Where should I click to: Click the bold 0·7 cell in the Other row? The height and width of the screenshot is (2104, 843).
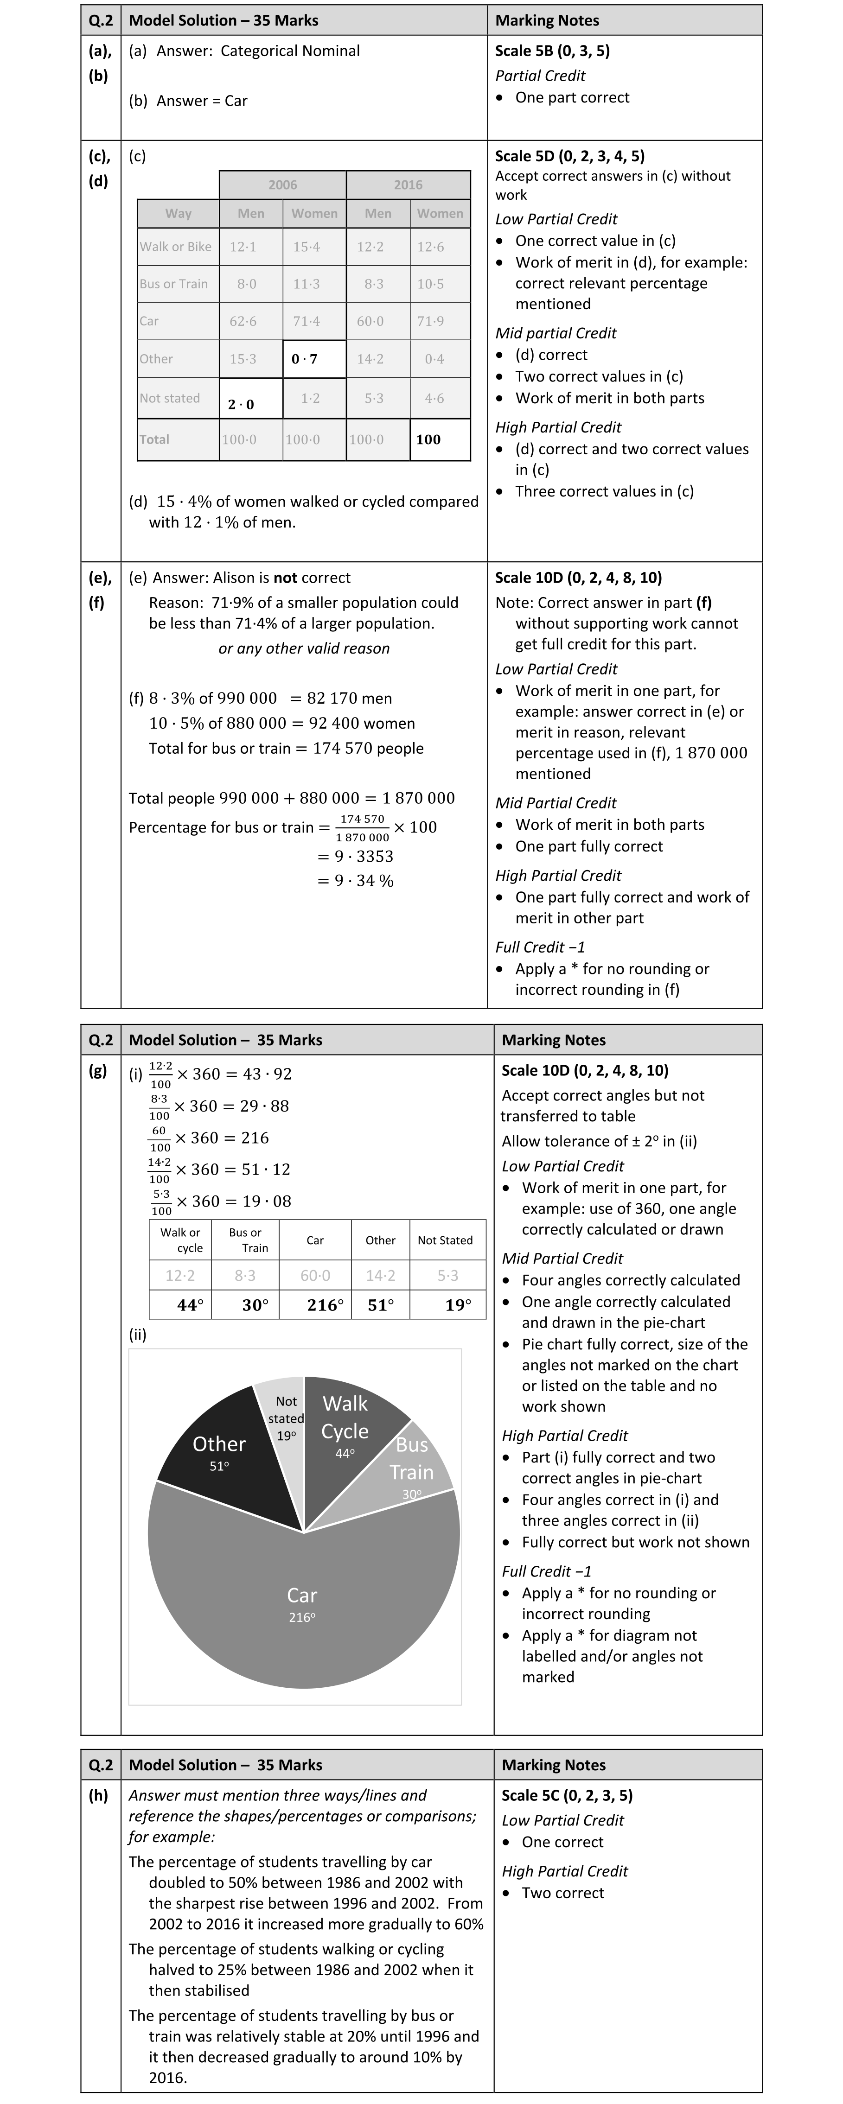point(305,359)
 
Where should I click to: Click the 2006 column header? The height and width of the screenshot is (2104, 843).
point(283,184)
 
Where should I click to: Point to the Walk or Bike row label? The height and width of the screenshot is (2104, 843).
point(176,247)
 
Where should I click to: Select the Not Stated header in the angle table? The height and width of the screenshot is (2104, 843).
point(445,1240)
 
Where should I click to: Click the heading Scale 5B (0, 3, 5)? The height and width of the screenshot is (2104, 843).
point(552,51)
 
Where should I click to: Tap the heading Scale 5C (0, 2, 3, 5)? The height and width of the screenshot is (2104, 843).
point(567,1795)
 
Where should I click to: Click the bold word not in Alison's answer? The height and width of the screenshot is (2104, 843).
point(285,578)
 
